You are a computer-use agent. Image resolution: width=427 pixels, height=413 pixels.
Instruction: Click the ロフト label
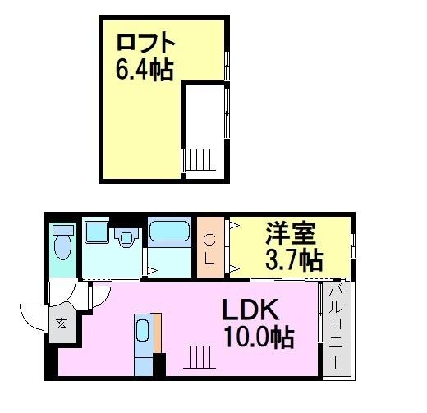click(x=146, y=43)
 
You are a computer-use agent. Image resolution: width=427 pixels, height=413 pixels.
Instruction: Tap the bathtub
click(x=170, y=232)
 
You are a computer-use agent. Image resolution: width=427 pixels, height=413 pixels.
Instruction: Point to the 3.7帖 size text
click(x=292, y=260)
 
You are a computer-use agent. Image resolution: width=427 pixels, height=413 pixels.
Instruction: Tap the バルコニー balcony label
click(x=336, y=328)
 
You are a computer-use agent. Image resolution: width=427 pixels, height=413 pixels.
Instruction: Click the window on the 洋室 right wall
click(x=353, y=246)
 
